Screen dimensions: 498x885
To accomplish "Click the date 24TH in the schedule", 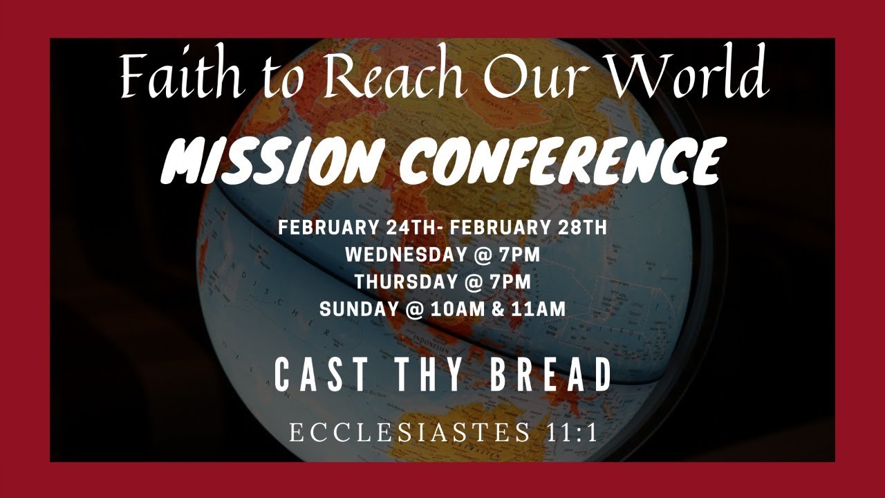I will (400, 228).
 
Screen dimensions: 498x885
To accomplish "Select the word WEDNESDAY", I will (405, 255).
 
